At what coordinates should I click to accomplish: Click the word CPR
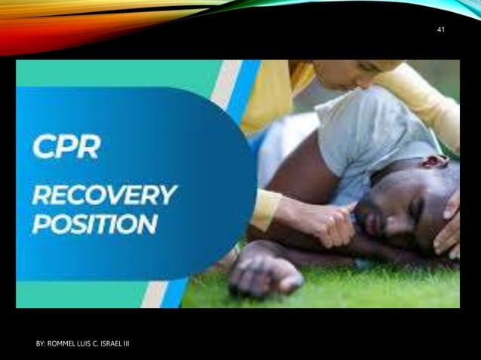pyautogui.click(x=66, y=145)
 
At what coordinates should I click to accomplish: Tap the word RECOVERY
pyautogui.click(x=103, y=194)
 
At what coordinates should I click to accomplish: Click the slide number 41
pyautogui.click(x=441, y=29)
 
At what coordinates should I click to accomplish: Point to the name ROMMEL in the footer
pyautogui.click(x=66, y=344)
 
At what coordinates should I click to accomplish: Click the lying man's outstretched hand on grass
pyautogui.click(x=264, y=274)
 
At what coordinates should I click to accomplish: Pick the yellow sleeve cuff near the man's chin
pyautogui.click(x=265, y=209)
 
